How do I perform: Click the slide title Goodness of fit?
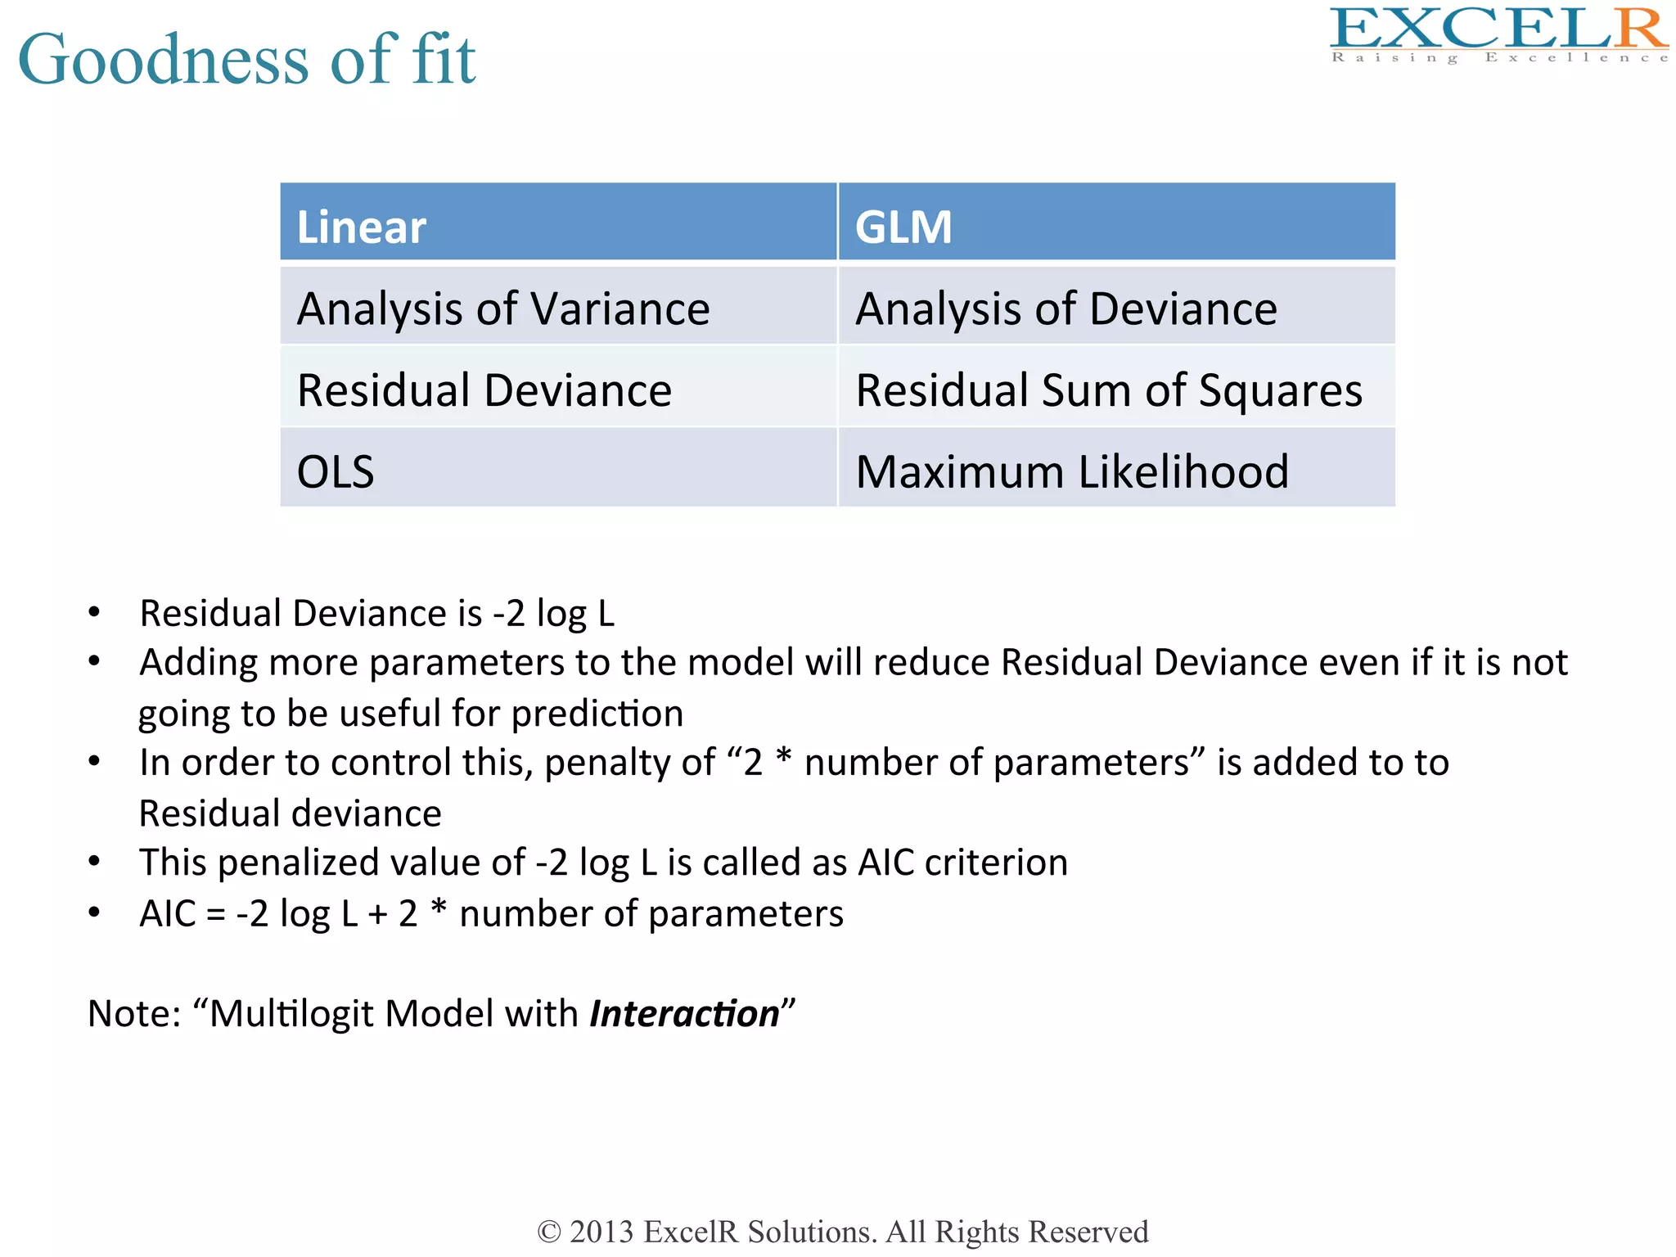coord(246,59)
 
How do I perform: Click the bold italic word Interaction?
coord(684,1014)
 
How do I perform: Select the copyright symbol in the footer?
coord(549,1232)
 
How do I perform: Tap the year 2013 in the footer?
coord(601,1232)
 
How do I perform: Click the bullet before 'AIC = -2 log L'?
coord(95,912)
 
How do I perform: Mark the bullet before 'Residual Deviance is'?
coord(95,612)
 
